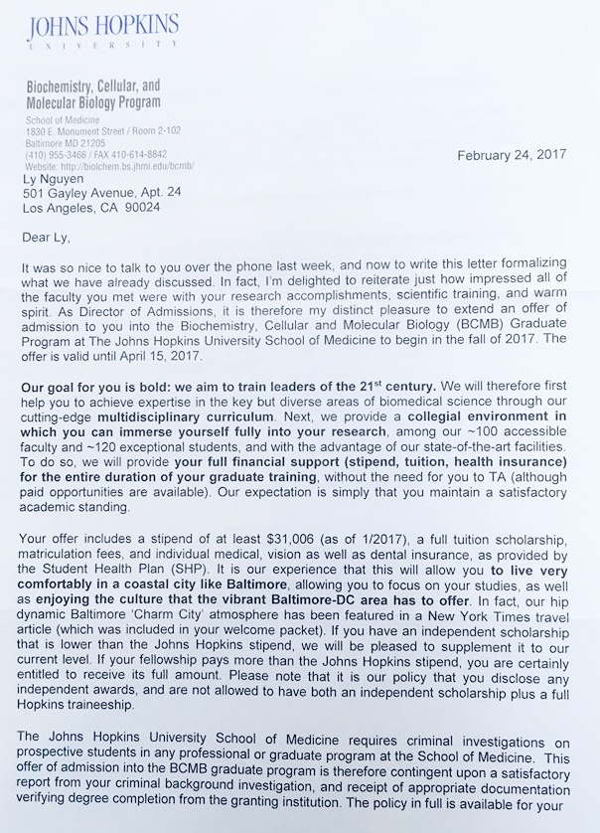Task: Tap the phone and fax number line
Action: coord(96,154)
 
